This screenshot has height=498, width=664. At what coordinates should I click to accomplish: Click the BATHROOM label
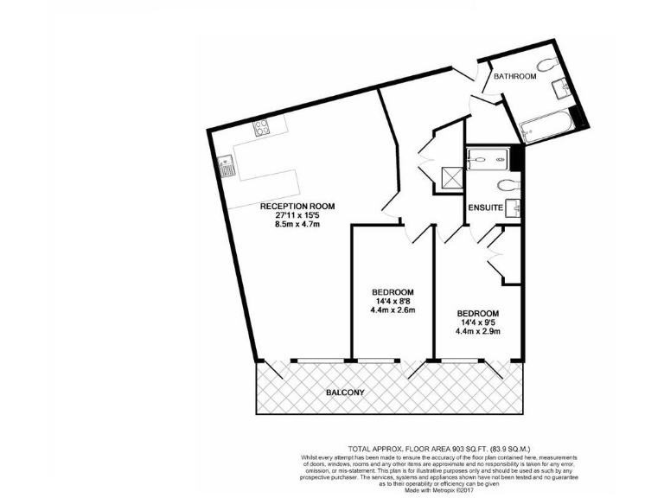click(x=514, y=77)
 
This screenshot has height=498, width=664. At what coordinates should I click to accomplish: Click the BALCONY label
click(x=344, y=393)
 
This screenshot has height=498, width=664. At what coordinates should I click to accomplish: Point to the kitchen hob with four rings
click(x=262, y=130)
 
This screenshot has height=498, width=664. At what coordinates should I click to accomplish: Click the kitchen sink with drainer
click(x=225, y=165)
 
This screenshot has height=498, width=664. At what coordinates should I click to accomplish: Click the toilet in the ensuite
click(x=508, y=184)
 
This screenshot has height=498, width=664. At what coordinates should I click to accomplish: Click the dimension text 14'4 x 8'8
click(x=393, y=301)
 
